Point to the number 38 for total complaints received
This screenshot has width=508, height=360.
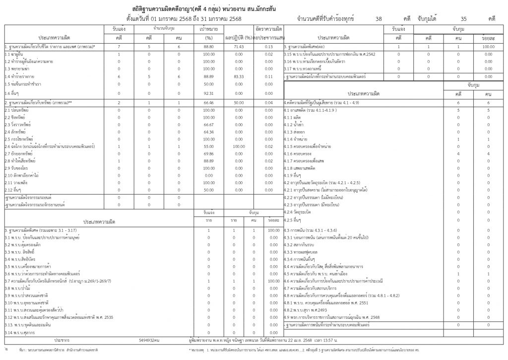click(x=379, y=18)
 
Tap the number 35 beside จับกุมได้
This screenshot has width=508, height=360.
click(x=463, y=18)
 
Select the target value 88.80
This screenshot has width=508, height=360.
click(x=208, y=46)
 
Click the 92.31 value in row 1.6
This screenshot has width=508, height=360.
click(x=208, y=93)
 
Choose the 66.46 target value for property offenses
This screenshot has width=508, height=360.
click(x=208, y=102)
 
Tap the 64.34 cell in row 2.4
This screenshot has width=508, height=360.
click(x=208, y=132)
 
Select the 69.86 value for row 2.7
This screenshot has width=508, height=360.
click(x=208, y=154)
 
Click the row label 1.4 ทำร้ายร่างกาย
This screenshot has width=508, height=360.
click(x=18, y=77)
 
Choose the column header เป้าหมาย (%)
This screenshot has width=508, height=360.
click(x=208, y=33)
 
